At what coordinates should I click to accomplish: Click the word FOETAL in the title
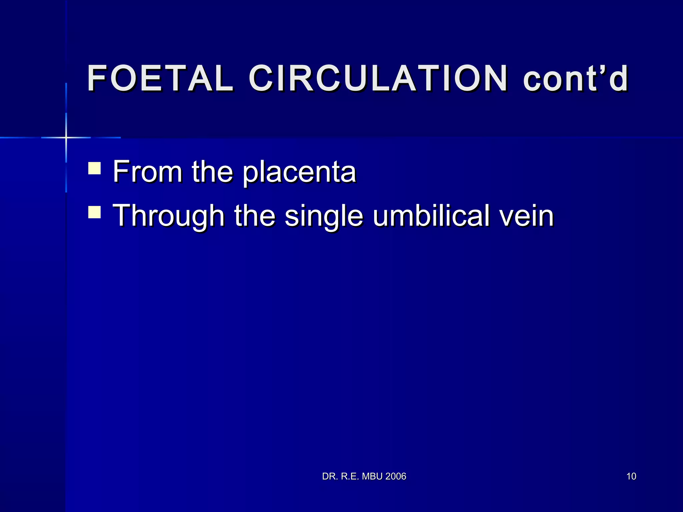pyautogui.click(x=160, y=78)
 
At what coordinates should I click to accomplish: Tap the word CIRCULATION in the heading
pyautogui.click(x=378, y=78)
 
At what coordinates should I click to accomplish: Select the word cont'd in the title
pyautogui.click(x=576, y=78)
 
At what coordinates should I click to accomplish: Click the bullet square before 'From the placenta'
pyautogui.click(x=95, y=168)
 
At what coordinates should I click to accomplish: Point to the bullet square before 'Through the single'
pyautogui.click(x=95, y=212)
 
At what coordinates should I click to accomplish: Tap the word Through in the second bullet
pyautogui.click(x=168, y=216)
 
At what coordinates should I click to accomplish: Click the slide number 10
pyautogui.click(x=631, y=476)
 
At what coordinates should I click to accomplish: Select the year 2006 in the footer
pyautogui.click(x=396, y=476)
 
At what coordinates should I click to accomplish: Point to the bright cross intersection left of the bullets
pyautogui.click(x=66, y=137)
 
